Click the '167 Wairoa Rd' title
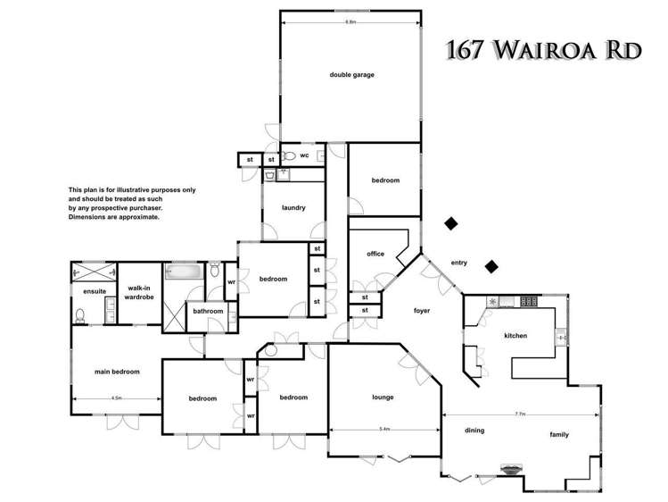(541, 49)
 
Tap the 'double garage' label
(350, 75)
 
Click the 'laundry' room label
(293, 208)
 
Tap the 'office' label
(375, 255)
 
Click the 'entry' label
(459, 263)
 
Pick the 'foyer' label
(422, 311)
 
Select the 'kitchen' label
(515, 336)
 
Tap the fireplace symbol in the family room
(511, 467)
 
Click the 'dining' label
(474, 431)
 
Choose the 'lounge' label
(383, 397)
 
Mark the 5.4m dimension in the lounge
(384, 430)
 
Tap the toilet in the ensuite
(81, 314)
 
